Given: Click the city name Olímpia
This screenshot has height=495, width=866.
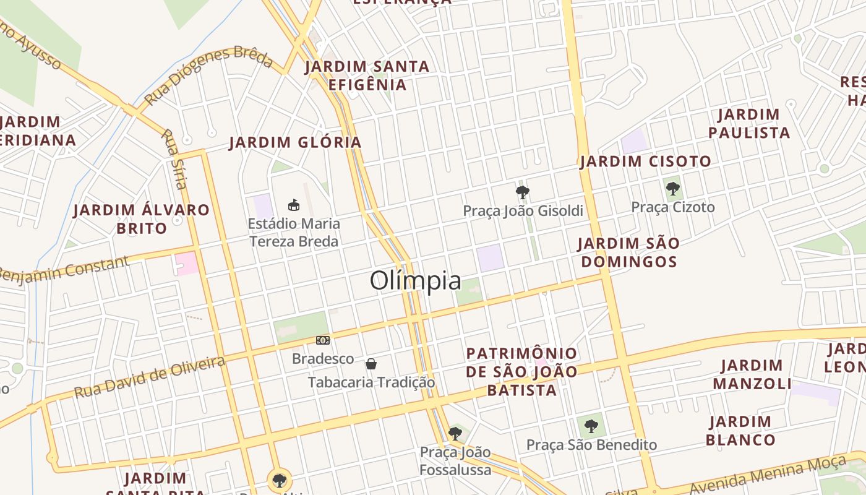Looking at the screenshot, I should click(416, 281).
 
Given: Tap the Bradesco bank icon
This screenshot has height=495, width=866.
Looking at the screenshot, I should click(323, 340).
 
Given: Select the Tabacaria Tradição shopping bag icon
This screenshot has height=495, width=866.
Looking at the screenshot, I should click(371, 363).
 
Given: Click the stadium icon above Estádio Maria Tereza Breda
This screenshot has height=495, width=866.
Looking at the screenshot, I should click(294, 204).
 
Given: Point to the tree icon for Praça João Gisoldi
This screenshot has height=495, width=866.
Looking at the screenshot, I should click(523, 192).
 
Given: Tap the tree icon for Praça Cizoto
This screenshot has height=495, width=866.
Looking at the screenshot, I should click(673, 189).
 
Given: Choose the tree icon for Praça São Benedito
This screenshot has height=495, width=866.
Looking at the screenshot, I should click(591, 426).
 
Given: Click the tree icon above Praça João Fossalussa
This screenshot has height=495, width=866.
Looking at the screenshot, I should click(455, 433).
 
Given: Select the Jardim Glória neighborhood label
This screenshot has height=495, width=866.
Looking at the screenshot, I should click(295, 142).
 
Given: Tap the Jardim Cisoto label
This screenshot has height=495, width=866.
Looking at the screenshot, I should click(646, 161).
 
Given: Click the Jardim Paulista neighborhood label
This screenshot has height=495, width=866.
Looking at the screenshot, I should click(749, 124).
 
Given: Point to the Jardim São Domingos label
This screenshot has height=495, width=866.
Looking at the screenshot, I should click(629, 252).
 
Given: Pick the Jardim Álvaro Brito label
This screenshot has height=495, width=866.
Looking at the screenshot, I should click(142, 218).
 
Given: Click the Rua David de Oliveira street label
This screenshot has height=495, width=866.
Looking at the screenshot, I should click(150, 377).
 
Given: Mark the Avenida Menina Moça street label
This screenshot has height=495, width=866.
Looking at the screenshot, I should click(767, 475).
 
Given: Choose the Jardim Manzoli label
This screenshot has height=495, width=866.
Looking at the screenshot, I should click(752, 374).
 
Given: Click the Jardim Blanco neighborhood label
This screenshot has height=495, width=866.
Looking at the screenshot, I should click(740, 431).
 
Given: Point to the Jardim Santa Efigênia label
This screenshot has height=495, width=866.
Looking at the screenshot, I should click(367, 75).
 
